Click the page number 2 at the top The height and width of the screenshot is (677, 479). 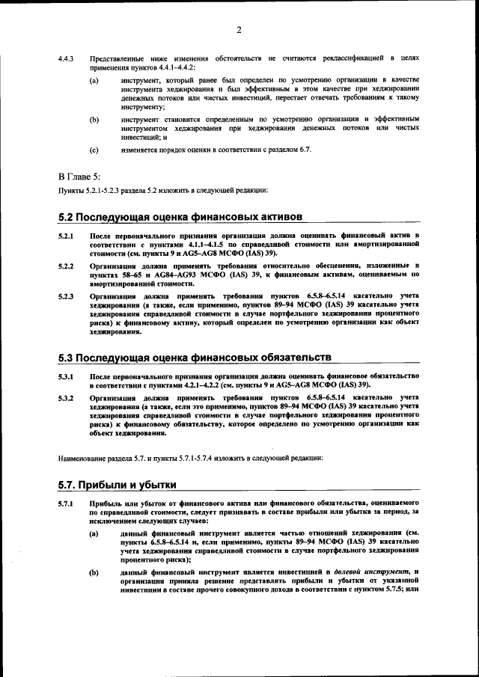click(239, 31)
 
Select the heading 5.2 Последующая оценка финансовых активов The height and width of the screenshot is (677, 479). click(180, 216)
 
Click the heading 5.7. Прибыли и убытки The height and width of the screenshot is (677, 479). click(117, 484)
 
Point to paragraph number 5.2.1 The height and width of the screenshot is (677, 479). click(66, 236)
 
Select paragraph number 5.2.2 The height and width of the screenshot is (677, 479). click(66, 266)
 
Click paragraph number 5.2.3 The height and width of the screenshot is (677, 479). click(66, 296)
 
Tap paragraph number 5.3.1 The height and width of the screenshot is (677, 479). click(66, 375)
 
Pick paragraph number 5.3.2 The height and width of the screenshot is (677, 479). click(66, 396)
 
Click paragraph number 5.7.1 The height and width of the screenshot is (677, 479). click(66, 503)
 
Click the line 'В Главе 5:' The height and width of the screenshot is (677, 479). click(79, 177)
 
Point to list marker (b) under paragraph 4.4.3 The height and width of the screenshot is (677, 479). click(94, 119)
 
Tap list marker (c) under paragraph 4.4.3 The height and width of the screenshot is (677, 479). click(94, 150)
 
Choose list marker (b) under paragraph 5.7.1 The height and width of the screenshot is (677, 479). click(94, 572)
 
